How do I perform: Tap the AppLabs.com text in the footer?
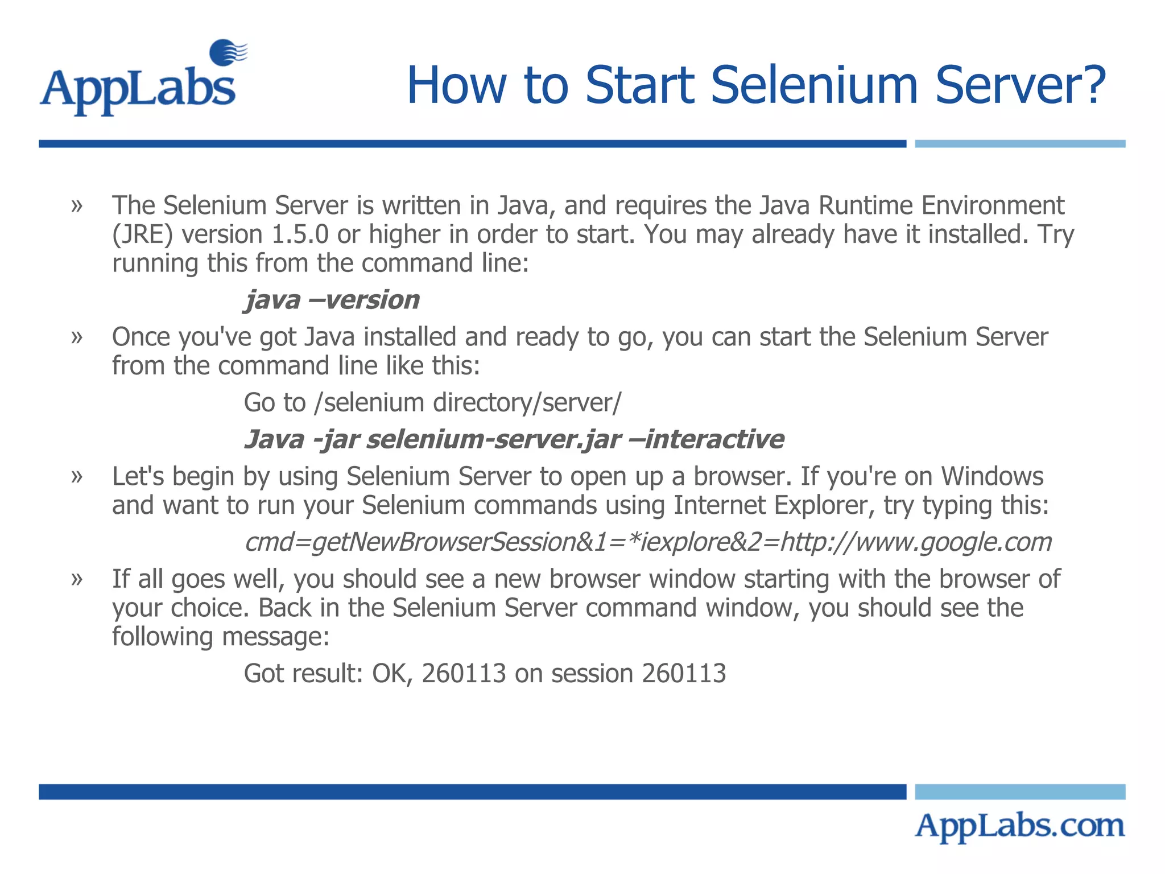1019,826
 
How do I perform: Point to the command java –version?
332,300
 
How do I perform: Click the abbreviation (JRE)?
142,235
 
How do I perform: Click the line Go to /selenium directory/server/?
432,403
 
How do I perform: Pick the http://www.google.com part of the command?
916,542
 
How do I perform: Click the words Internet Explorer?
771,505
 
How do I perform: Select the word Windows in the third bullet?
992,476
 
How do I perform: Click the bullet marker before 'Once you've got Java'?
77,337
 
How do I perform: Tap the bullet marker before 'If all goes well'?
77,579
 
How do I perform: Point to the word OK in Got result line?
391,674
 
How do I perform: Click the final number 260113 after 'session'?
684,674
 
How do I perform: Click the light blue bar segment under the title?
1019,144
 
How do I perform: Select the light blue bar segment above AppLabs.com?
1019,791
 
